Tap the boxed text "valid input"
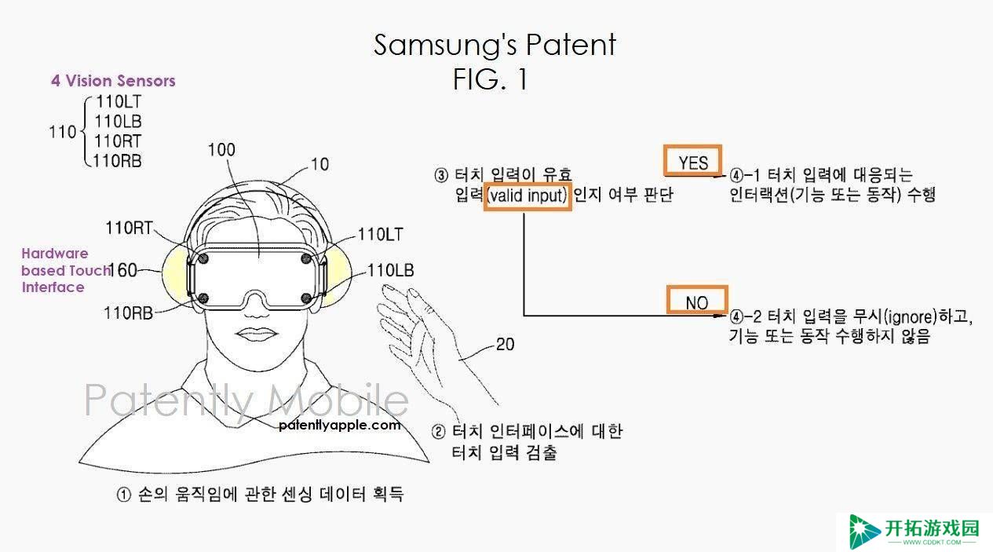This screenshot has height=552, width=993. click(x=527, y=196)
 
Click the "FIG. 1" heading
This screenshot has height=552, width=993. click(x=491, y=79)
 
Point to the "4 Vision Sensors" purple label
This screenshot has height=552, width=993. click(x=113, y=81)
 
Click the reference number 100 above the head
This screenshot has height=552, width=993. click(x=221, y=150)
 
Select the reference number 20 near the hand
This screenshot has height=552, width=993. click(x=505, y=345)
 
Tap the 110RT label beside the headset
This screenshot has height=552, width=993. click(x=129, y=228)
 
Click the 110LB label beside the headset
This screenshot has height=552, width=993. click(x=391, y=270)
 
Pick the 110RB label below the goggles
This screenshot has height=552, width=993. click(x=128, y=313)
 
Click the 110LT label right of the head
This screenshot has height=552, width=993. click(x=381, y=234)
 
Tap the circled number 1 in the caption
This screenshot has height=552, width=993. click(x=124, y=495)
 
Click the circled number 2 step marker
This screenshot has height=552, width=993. click(x=439, y=431)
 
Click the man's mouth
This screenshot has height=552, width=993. click(x=256, y=334)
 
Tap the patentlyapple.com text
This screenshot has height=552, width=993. click(x=340, y=426)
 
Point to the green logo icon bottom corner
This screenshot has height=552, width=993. click(x=863, y=531)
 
